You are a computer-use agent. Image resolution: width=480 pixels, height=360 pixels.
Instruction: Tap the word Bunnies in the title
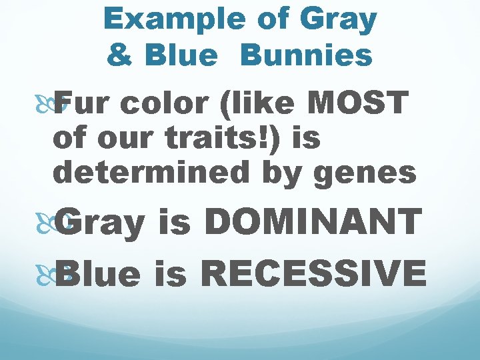306,56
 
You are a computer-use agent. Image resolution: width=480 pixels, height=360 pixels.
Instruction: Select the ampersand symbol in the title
119,56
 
